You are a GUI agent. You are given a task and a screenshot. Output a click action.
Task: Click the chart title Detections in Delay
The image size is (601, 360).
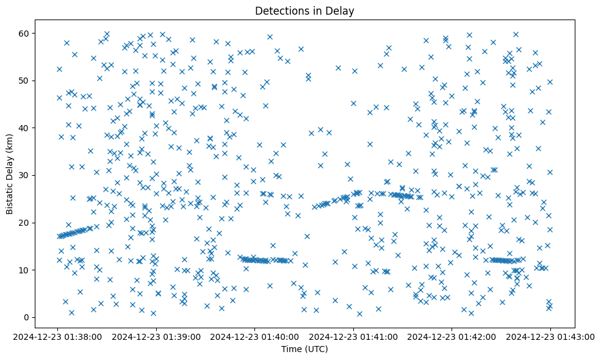[304, 11]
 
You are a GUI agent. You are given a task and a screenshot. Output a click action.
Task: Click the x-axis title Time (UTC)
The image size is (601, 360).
[304, 349]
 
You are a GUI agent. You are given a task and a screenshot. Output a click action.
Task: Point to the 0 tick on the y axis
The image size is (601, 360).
[27, 317]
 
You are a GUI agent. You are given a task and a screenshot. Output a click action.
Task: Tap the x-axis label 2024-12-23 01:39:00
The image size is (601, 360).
[157, 336]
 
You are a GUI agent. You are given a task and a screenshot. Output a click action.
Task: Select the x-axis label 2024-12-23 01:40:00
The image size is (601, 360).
[255, 336]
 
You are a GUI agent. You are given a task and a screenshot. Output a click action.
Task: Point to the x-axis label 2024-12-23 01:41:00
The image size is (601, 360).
[354, 336]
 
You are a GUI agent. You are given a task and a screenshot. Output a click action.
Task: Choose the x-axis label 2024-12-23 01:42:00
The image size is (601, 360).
[452, 336]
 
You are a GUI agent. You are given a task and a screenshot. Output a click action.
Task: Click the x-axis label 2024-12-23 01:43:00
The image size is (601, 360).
[550, 336]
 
